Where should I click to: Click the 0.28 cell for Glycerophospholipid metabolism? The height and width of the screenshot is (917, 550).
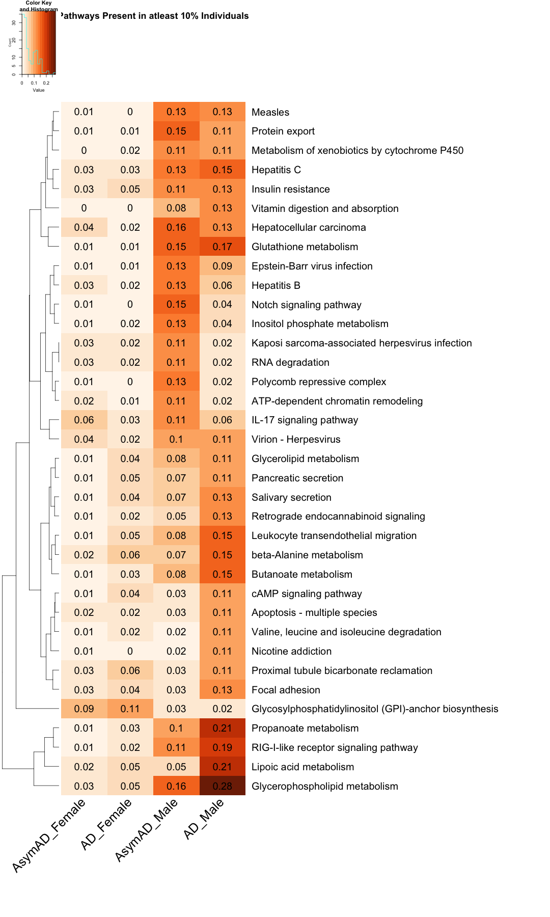click(222, 786)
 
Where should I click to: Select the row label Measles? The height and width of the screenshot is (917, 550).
click(270, 112)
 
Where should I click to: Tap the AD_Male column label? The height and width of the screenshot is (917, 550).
click(203, 819)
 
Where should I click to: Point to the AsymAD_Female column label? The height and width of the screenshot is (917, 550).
click(48, 835)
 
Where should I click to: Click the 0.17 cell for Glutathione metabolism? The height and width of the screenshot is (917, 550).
click(222, 247)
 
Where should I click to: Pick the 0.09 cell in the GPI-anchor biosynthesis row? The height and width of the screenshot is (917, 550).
click(84, 709)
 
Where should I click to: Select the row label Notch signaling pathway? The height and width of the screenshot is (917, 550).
click(306, 305)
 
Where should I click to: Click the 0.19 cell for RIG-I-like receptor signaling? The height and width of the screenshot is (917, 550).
click(222, 747)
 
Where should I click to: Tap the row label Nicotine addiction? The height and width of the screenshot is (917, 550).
click(291, 651)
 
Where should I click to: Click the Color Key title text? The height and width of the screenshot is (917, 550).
click(39, 3)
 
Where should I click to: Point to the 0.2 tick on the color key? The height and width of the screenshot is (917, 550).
click(46, 83)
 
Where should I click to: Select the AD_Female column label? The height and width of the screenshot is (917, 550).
click(106, 824)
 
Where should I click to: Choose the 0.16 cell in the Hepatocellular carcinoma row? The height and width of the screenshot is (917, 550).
click(176, 227)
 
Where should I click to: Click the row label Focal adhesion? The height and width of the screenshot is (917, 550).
click(286, 690)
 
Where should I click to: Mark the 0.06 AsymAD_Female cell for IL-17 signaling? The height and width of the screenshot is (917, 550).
click(84, 420)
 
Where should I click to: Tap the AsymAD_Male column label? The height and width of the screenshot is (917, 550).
click(146, 830)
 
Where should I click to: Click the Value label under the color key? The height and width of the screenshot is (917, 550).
click(39, 90)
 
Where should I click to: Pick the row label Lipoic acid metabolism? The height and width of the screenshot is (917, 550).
click(302, 767)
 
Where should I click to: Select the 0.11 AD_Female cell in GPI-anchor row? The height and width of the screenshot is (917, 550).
click(130, 709)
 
